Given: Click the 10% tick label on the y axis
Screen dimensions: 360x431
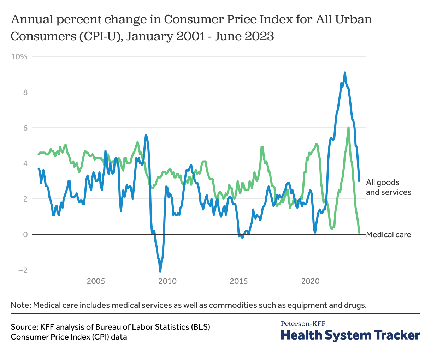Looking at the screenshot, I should point(19,56).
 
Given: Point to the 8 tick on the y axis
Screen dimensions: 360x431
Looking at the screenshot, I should point(25,92).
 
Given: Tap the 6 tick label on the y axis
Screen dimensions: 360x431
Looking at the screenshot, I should point(25,128).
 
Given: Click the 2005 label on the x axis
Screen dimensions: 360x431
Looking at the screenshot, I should point(96,281).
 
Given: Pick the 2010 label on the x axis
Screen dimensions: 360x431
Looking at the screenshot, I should point(167,281).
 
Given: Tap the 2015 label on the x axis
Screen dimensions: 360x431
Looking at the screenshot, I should point(239,281).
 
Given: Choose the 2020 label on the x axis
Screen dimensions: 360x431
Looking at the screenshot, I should point(311,281).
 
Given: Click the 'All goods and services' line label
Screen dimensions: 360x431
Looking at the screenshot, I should point(388,187).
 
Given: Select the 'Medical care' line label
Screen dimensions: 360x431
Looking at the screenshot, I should point(388,235).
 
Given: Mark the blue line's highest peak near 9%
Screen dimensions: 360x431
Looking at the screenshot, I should point(345,73).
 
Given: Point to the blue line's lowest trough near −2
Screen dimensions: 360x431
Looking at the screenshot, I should point(160,271).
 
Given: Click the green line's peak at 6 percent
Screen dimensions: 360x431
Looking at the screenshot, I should point(349,128).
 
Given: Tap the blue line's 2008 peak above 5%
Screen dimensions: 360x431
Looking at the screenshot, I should point(146,135).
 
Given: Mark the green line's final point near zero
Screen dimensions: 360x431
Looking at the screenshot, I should point(359,233).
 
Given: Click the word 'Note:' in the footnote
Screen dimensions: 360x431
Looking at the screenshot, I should point(20,305).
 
